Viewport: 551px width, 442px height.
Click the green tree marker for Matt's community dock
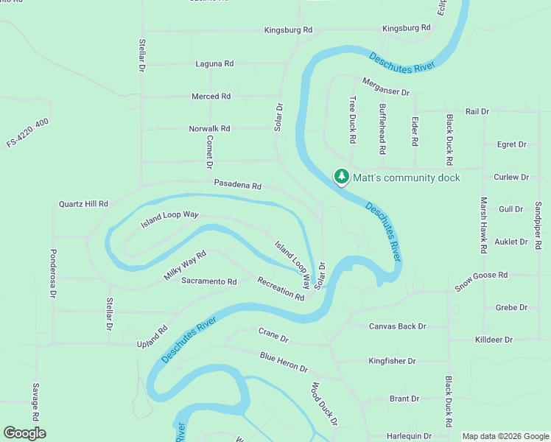[341, 177]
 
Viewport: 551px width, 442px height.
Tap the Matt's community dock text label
[406, 178]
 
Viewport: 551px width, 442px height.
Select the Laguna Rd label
[214, 64]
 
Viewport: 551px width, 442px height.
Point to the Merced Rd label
[211, 97]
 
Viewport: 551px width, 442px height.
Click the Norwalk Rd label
[209, 128]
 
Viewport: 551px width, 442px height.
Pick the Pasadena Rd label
[238, 186]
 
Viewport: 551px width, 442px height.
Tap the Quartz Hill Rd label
[83, 204]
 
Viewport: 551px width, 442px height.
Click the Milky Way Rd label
[185, 266]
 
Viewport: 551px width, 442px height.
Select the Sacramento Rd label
[209, 281]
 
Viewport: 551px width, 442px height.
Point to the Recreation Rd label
[281, 288]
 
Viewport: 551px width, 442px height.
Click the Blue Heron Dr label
[284, 362]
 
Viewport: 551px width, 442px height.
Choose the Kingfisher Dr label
[392, 361]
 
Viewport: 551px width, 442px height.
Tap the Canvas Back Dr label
[398, 326]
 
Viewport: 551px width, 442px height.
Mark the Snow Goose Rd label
[481, 281]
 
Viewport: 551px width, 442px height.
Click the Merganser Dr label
[385, 86]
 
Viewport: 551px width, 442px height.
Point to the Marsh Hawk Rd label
[484, 225]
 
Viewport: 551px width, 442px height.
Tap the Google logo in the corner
[24, 433]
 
